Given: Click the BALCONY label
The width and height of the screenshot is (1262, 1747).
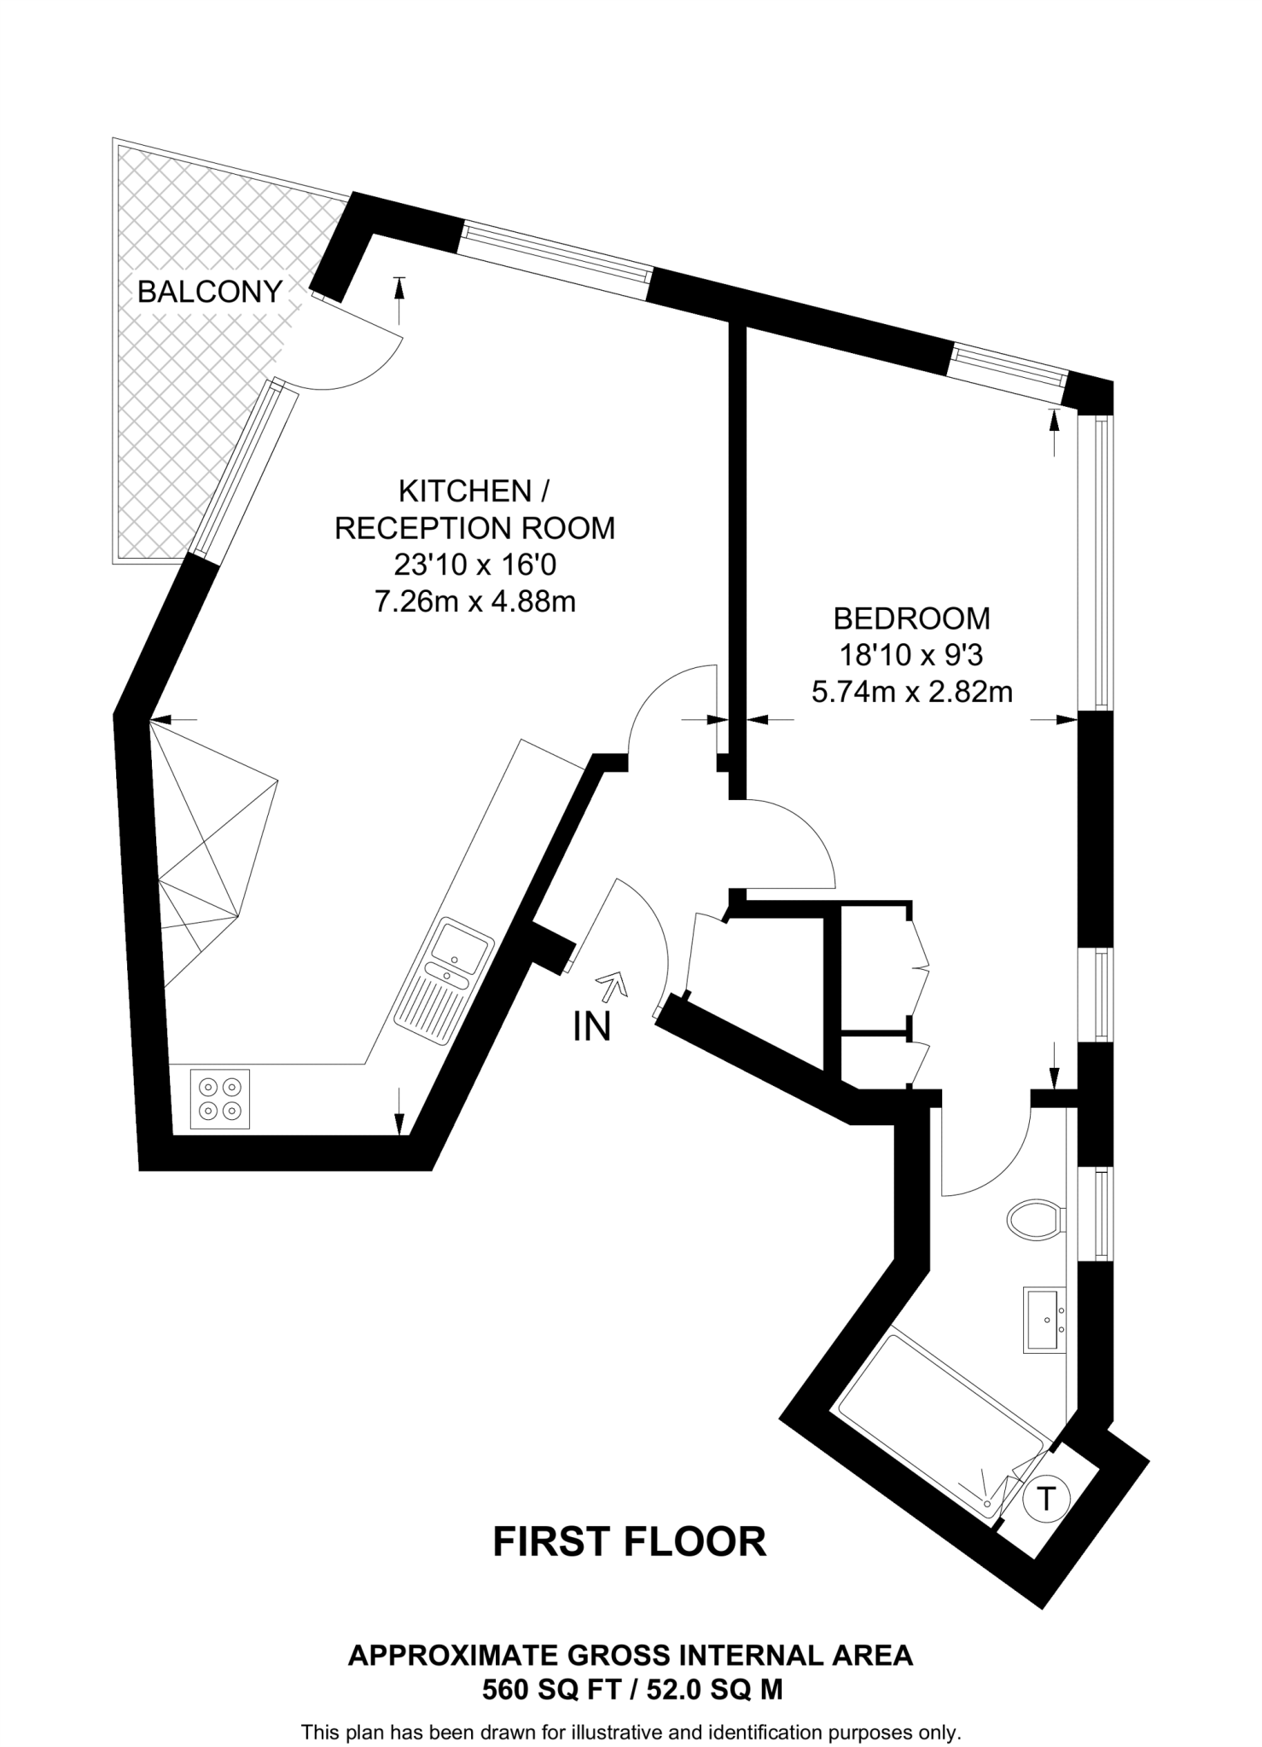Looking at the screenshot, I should (x=209, y=292).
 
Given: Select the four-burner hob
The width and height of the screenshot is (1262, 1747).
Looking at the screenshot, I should (x=220, y=1099).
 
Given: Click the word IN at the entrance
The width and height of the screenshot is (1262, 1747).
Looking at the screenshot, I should (x=592, y=1027).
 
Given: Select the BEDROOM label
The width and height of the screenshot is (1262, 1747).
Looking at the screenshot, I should (x=911, y=618).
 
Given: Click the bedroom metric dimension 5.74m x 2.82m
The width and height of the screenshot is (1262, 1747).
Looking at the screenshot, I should (x=911, y=692).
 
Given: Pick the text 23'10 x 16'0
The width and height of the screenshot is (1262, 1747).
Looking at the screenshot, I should (x=475, y=565).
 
